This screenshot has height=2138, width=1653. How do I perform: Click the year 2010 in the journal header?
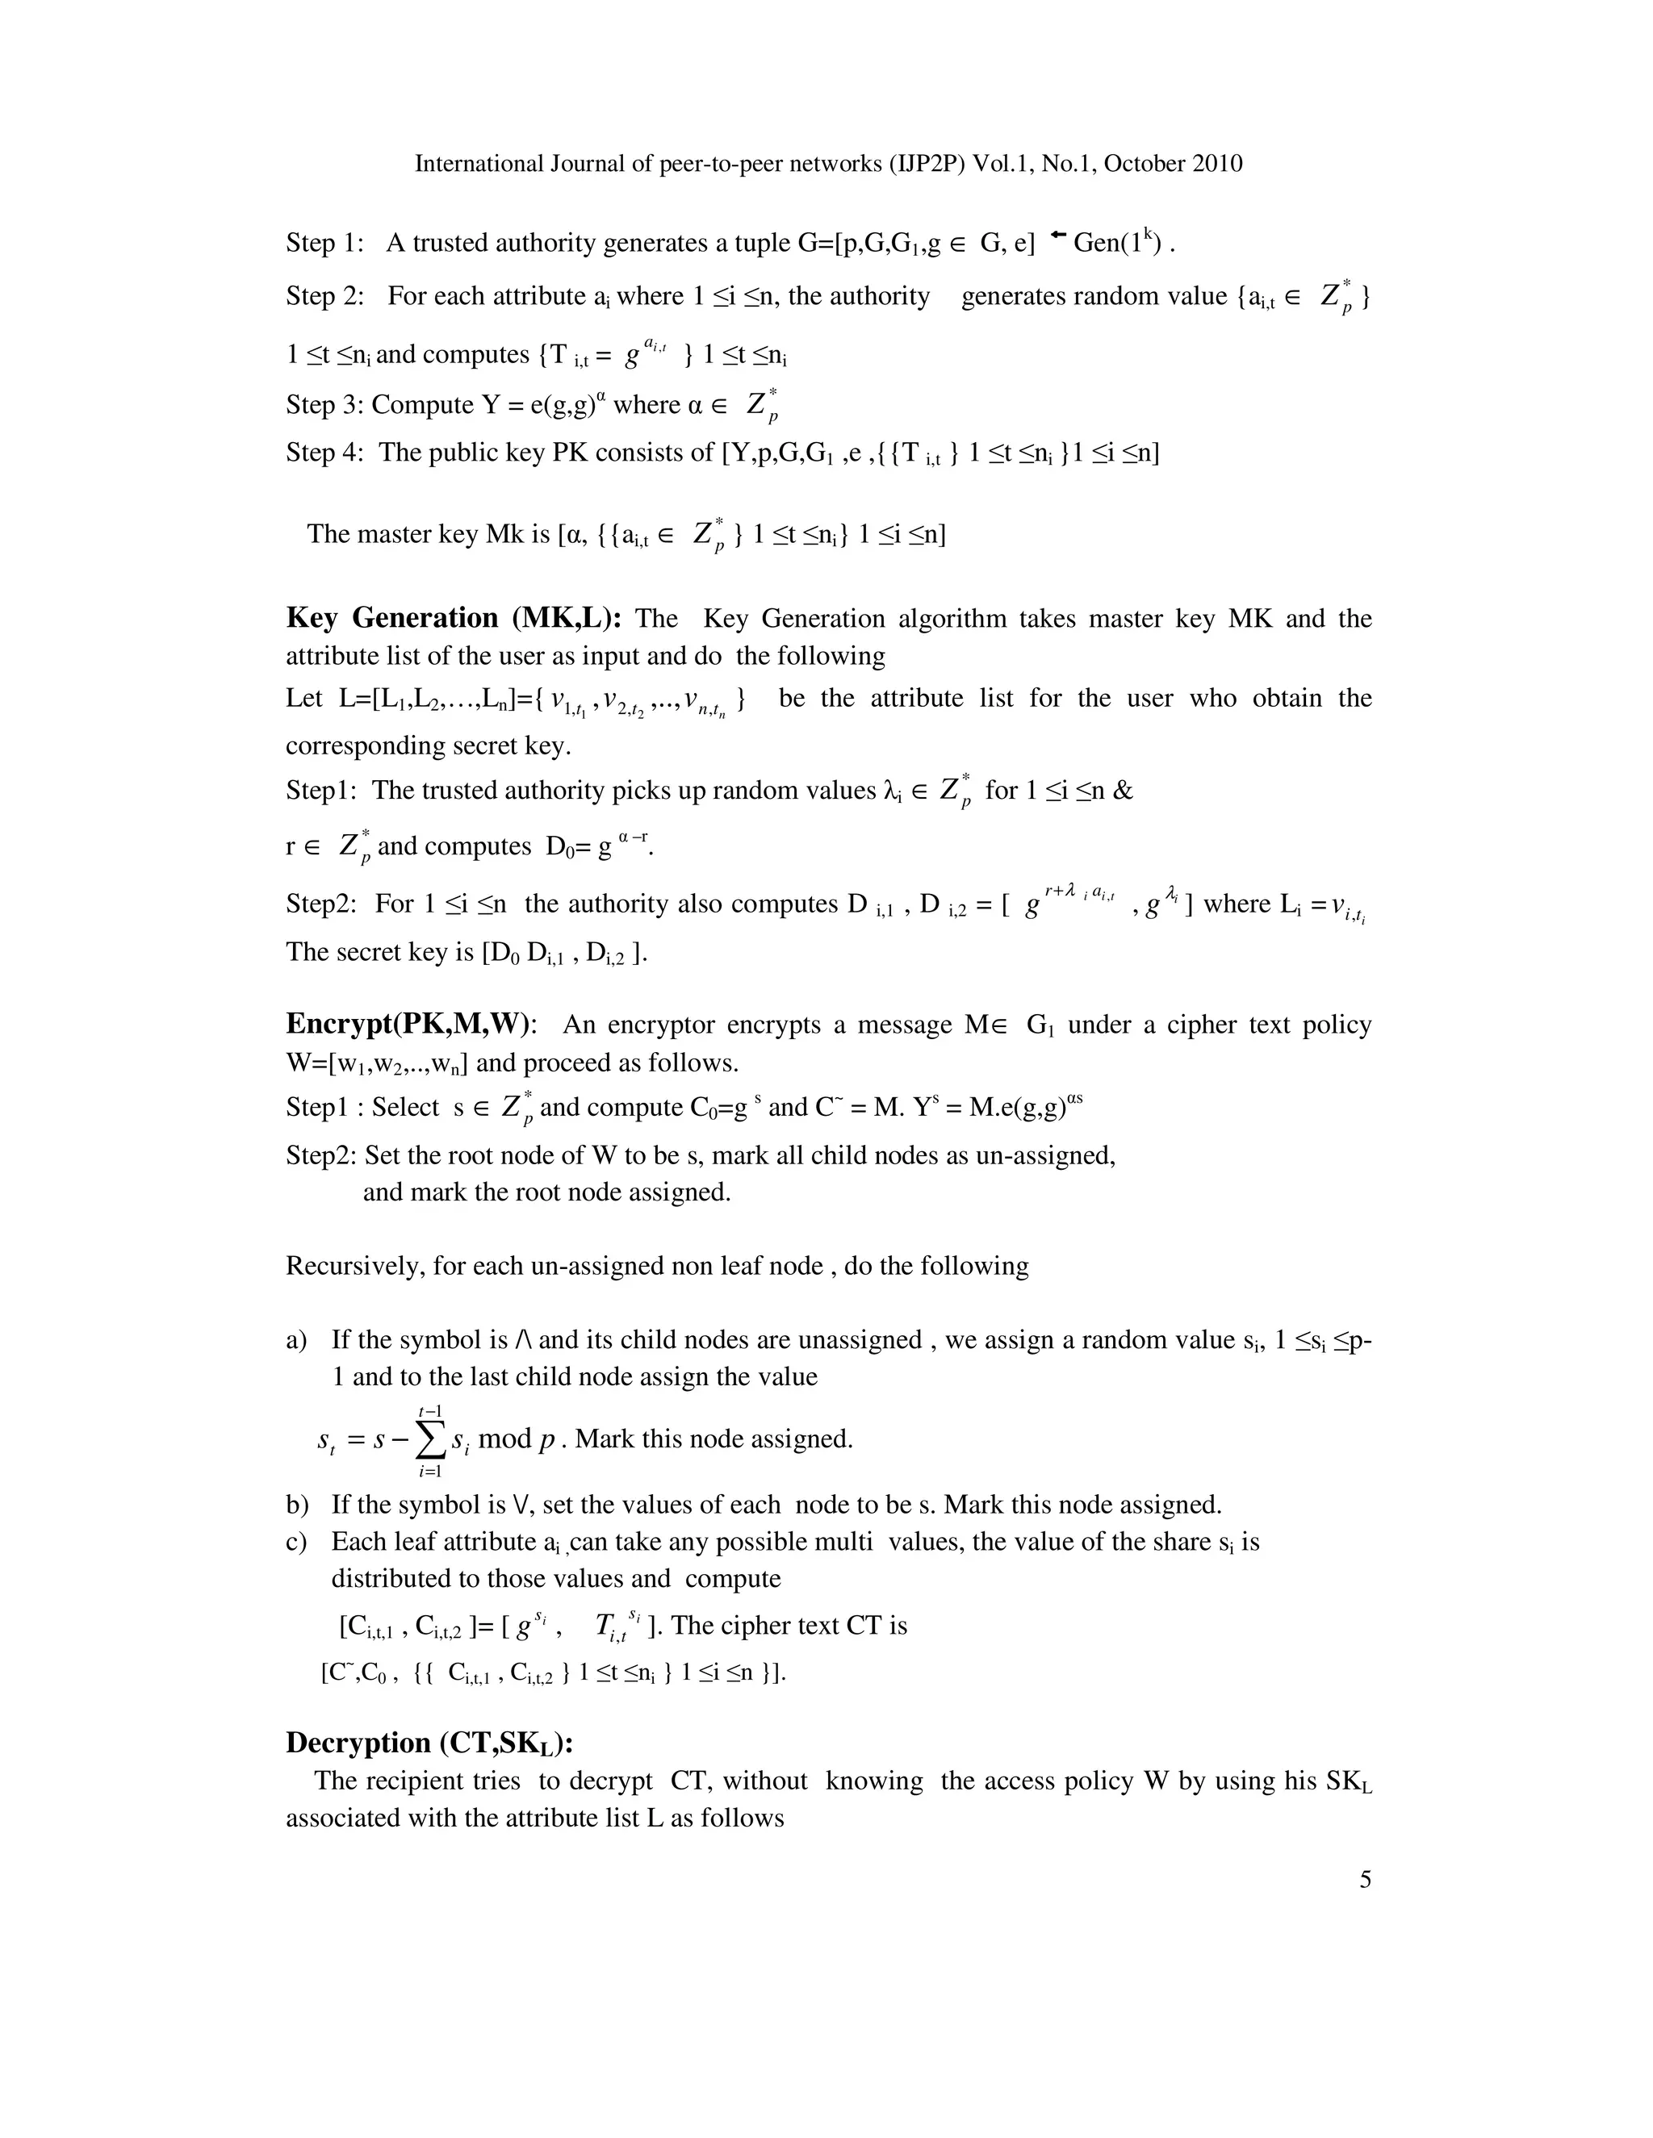click(x=1217, y=164)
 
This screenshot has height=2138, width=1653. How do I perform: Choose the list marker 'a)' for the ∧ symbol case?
click(x=297, y=1340)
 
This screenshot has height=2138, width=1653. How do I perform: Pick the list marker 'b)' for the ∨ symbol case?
click(x=297, y=1505)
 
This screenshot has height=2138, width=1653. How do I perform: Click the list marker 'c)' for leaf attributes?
click(x=297, y=1542)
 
